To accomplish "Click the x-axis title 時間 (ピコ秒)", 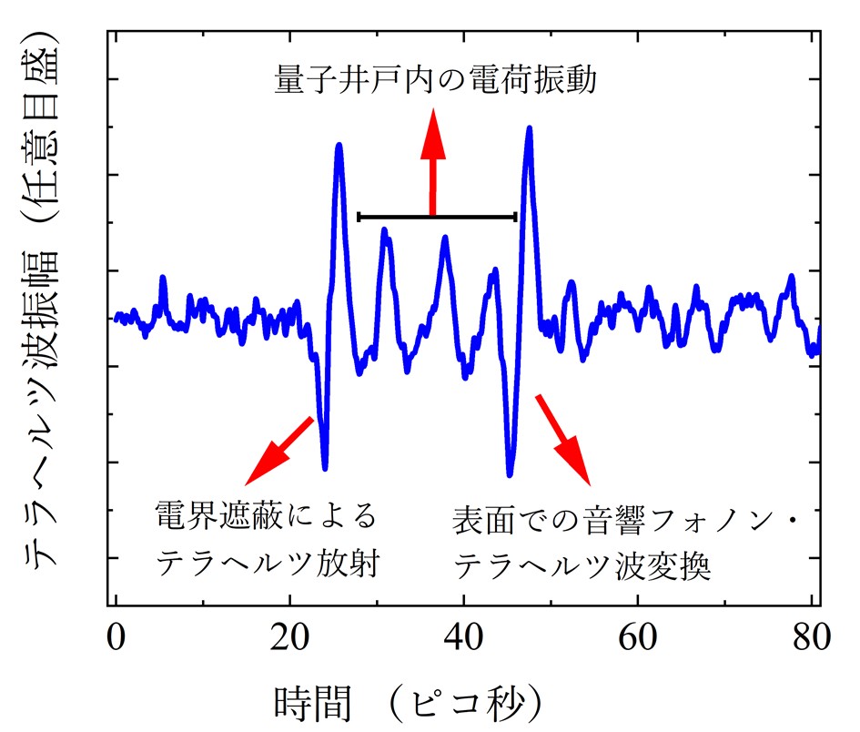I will [x=410, y=701].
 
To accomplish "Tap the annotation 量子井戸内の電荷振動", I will [x=435, y=82].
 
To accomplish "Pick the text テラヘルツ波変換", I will [x=582, y=568].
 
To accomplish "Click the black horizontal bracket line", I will [x=438, y=217].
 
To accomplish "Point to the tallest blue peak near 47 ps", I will [x=529, y=129].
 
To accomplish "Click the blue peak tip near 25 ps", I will [x=339, y=146].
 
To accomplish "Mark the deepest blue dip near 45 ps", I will [x=510, y=474].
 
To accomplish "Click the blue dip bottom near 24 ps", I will [x=325, y=468].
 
